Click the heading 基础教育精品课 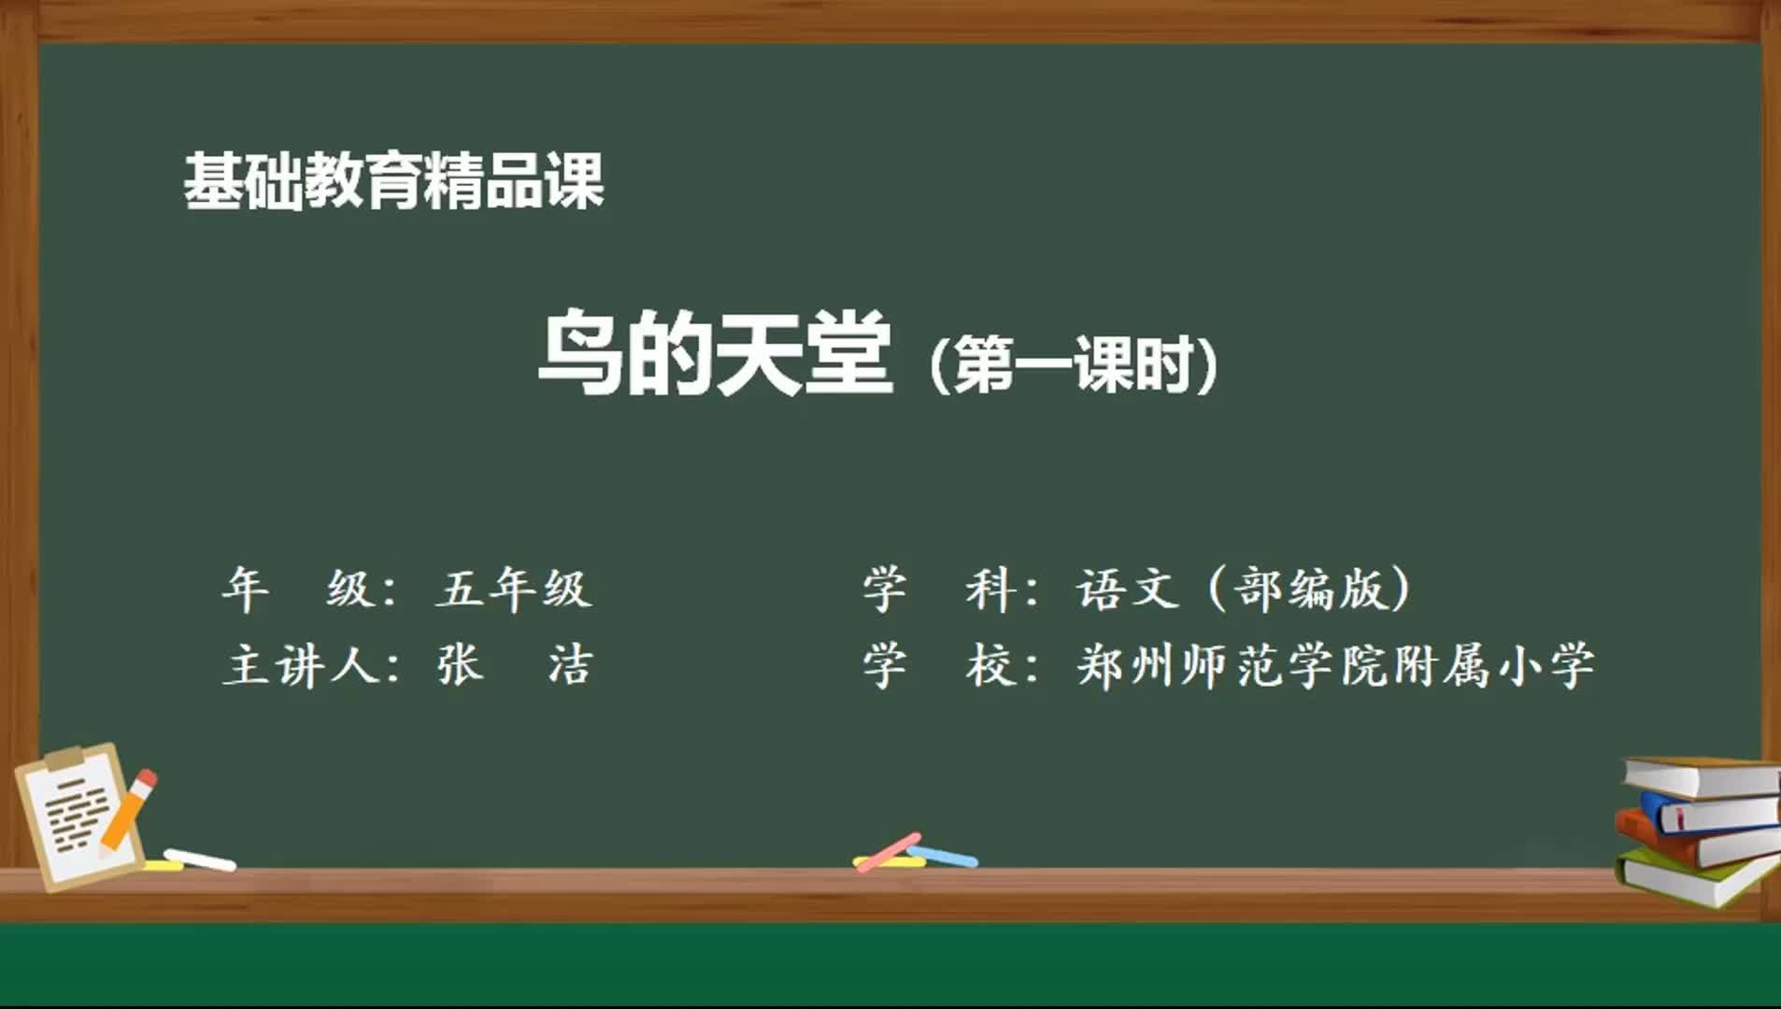(x=393, y=181)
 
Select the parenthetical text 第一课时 (x=1074, y=363)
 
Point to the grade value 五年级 (x=513, y=589)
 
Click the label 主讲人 (x=299, y=666)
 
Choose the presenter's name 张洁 (x=515, y=665)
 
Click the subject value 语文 (x=1126, y=589)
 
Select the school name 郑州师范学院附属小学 (x=1335, y=666)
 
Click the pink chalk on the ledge (x=888, y=852)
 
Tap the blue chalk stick (x=942, y=856)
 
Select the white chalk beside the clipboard (x=200, y=860)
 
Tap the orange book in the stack (x=1696, y=841)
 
